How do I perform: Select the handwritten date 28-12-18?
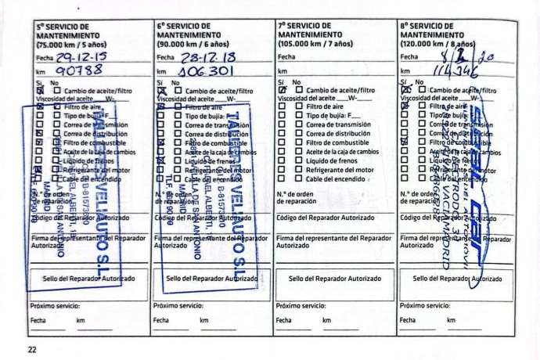click(197, 56)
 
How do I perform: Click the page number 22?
click(32, 349)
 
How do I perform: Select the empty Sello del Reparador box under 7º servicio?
click(334, 278)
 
